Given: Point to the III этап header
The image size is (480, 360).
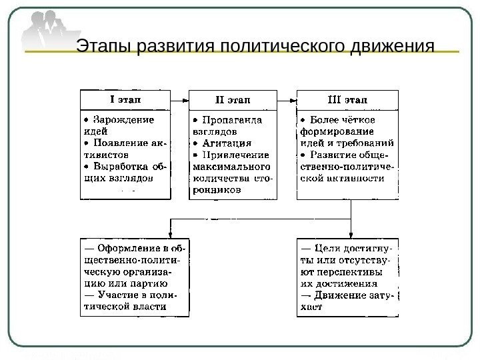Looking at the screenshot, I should click(348, 100).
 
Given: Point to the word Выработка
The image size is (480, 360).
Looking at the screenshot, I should click(123, 165).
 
